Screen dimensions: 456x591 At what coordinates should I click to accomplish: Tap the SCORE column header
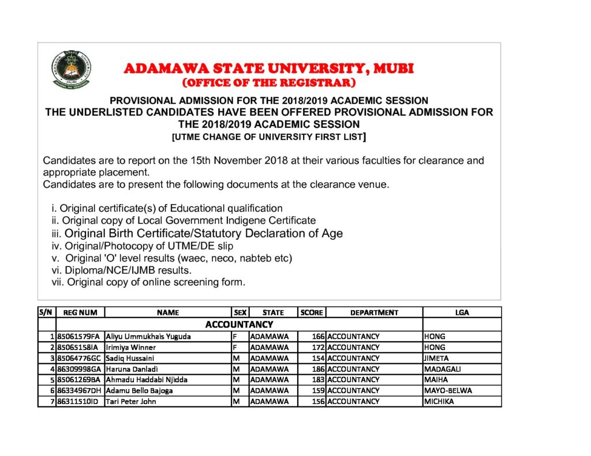pos(312,312)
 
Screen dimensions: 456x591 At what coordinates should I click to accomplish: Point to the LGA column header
pos(462,312)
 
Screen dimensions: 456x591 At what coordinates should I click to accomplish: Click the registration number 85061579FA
pos(78,336)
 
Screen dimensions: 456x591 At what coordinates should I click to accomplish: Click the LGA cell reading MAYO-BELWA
pos(448,390)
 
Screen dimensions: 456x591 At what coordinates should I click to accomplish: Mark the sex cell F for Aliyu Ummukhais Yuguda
pos(235,336)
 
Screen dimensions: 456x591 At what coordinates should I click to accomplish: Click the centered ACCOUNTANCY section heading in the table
pos(239,325)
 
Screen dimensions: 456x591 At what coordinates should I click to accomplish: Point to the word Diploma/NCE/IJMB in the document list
pos(96,270)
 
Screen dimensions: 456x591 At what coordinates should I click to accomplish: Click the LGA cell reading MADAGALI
pos(443,369)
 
